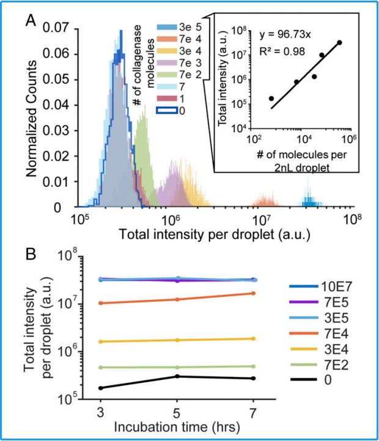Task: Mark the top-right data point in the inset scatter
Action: (339, 42)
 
